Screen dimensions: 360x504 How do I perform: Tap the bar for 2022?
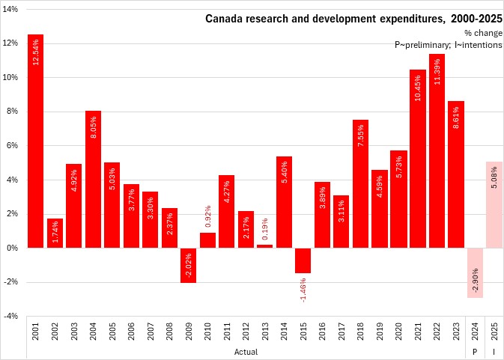pos(437,150)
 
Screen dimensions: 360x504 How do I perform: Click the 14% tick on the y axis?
pos(13,8)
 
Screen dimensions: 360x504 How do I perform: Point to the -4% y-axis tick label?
pos(13,317)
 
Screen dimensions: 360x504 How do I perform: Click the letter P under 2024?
pos(475,350)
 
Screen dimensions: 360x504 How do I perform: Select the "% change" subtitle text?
pos(482,33)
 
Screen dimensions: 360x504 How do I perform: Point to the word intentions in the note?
pos(480,44)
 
